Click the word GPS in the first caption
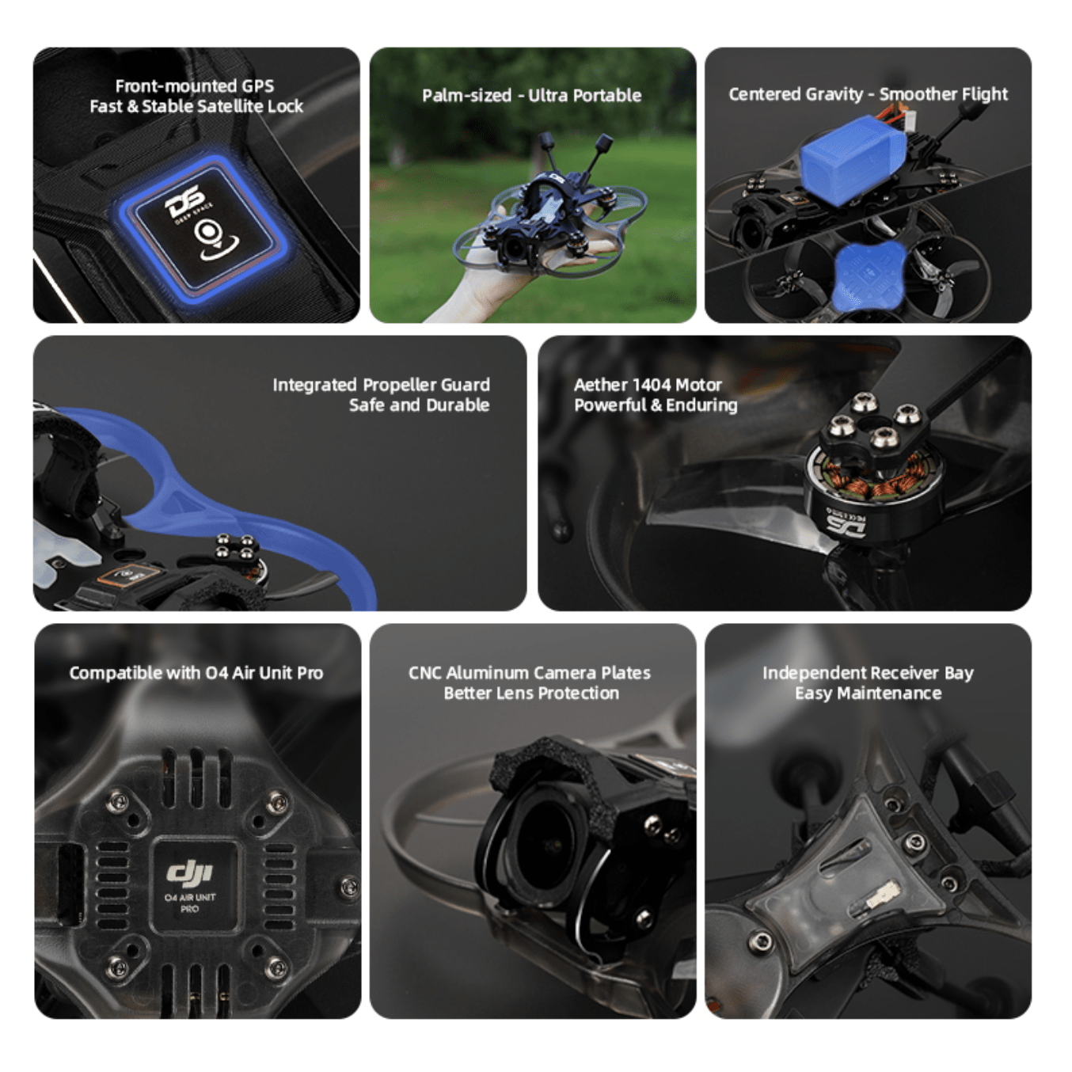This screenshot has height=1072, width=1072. tap(257, 86)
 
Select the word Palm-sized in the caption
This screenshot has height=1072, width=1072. tap(466, 96)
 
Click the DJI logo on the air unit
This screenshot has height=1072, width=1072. tap(190, 872)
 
